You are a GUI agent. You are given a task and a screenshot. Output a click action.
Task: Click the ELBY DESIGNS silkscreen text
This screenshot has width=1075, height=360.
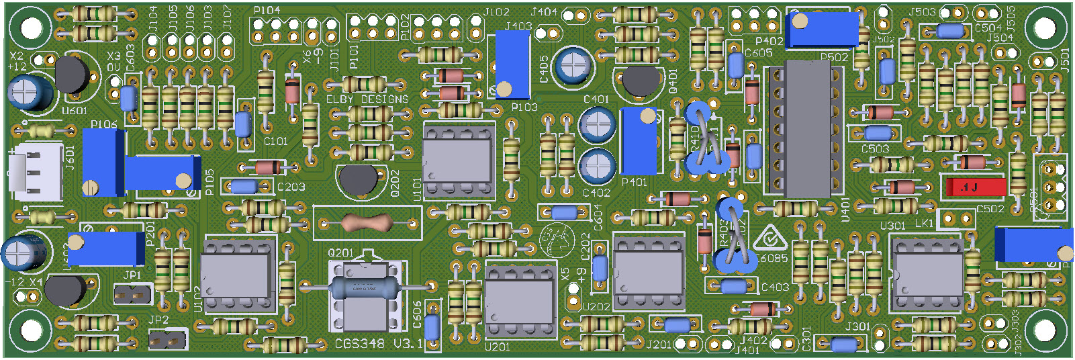click(x=367, y=99)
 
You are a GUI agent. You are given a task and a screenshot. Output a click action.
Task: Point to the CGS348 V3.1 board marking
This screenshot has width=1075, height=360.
click(x=379, y=343)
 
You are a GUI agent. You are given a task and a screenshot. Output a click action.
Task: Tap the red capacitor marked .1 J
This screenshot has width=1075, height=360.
click(x=976, y=187)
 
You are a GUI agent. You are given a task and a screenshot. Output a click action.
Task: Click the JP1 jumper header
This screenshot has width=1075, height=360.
click(x=132, y=294)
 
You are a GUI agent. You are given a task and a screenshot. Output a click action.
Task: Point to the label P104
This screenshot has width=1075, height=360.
click(x=267, y=11)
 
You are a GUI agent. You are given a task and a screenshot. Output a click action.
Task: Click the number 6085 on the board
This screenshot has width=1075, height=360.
click(x=774, y=258)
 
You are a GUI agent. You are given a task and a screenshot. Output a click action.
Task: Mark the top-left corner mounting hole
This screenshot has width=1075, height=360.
click(x=31, y=28)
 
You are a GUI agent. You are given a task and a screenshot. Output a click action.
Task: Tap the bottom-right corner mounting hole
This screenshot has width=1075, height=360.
click(x=1044, y=330)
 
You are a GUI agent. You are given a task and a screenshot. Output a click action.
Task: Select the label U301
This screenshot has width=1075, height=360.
click(x=892, y=226)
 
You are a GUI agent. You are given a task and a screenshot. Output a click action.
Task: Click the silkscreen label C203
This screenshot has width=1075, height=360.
click(x=291, y=187)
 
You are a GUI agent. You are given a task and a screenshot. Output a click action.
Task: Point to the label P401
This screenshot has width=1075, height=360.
click(x=634, y=182)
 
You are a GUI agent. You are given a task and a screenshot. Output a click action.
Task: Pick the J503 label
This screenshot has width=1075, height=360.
click(x=922, y=12)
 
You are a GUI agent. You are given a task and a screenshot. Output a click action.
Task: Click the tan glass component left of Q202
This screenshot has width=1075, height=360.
click(x=367, y=222)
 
